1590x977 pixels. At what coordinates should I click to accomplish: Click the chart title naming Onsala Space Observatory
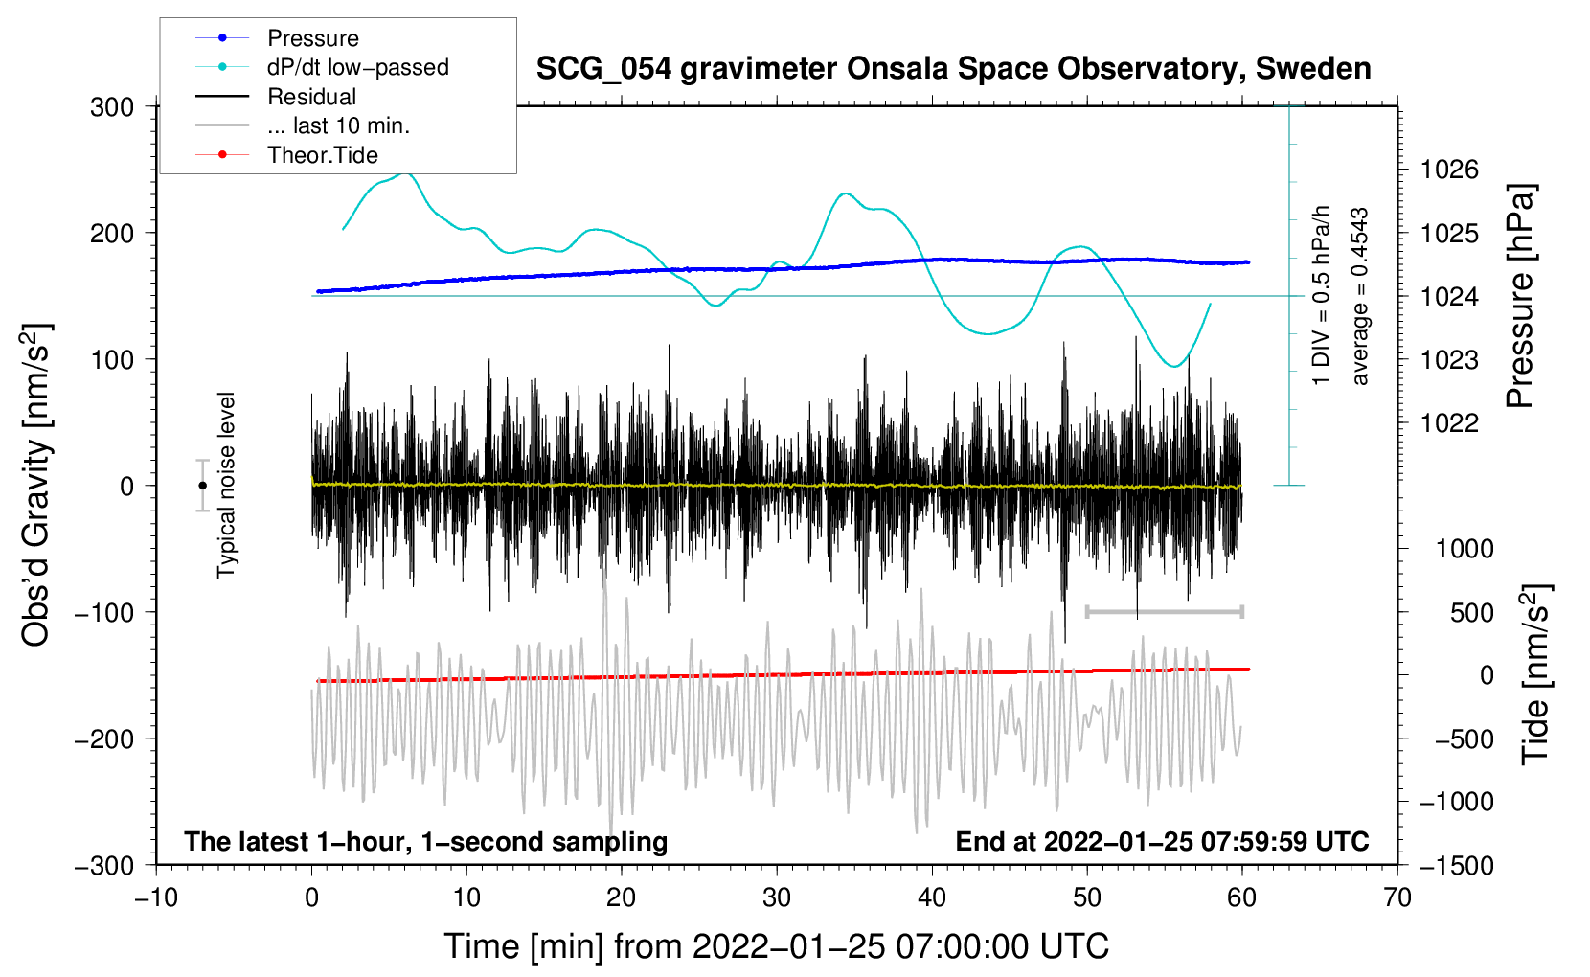pos(953,69)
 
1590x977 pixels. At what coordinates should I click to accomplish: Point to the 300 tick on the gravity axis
pos(112,107)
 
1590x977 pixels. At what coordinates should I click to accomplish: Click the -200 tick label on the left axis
pos(105,739)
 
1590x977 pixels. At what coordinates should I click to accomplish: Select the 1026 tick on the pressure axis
pos(1449,170)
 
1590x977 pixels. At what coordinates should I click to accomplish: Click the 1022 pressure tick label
pos(1449,423)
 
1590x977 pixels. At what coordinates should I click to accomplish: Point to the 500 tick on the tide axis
pos(1471,613)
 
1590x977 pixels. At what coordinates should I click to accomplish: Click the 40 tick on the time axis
pos(931,898)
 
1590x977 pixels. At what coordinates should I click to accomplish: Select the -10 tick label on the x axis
pos(156,898)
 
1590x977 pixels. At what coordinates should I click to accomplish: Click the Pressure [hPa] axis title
pos(1521,296)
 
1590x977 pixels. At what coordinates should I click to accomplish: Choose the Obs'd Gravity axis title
pos(37,486)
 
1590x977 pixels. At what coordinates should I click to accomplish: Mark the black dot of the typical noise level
pos(202,486)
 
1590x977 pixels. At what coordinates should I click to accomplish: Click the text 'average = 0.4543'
pos(1359,296)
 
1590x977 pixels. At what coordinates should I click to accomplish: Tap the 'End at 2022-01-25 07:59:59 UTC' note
pos(1162,841)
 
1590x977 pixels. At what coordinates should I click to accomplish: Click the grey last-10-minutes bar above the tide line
pos(1164,611)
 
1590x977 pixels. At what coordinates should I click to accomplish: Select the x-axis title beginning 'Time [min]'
pos(777,947)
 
